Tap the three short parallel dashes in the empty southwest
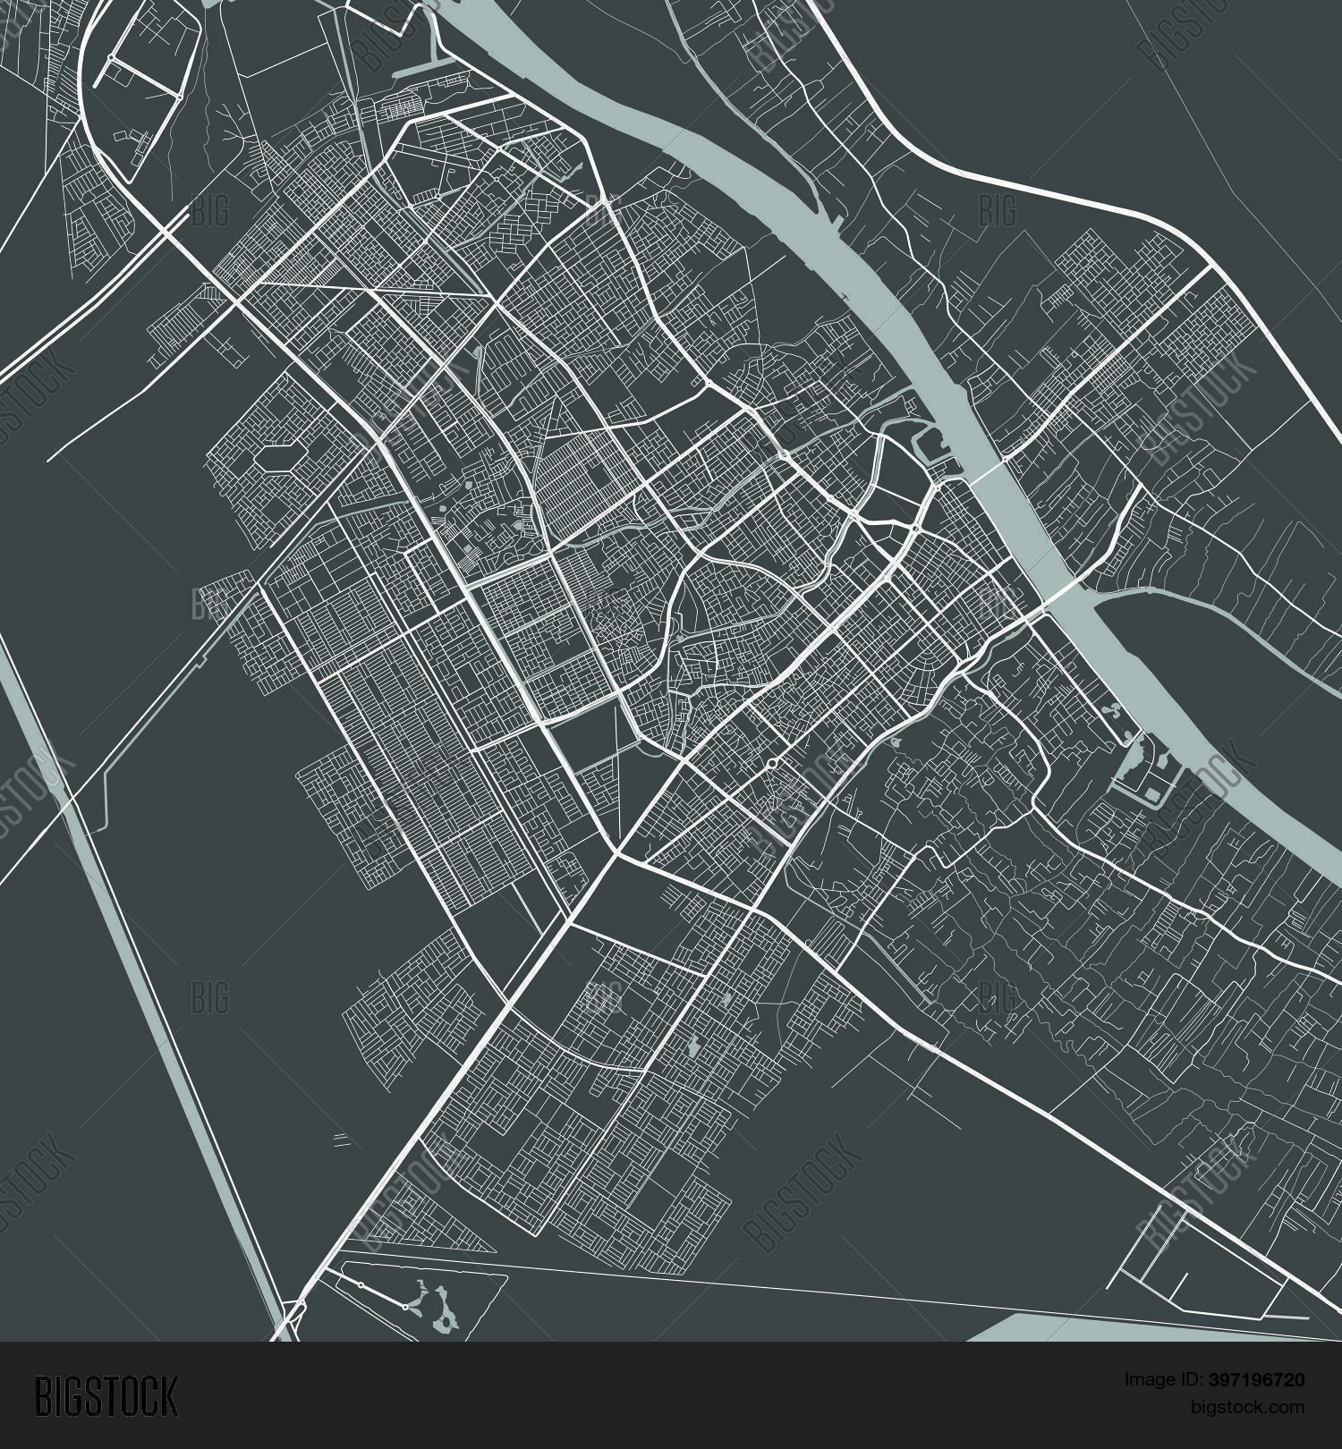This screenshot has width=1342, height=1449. tap(340, 1139)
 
